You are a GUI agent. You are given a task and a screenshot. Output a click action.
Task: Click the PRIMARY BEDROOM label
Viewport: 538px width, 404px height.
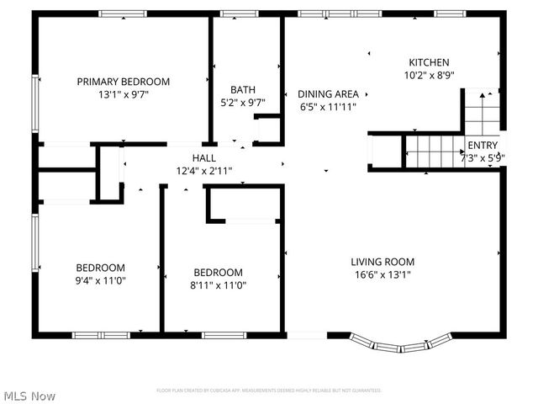click(124, 82)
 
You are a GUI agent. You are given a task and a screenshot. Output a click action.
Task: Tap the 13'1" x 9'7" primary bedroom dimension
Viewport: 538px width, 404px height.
click(124, 95)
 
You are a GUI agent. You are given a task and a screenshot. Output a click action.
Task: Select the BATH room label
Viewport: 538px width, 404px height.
click(243, 89)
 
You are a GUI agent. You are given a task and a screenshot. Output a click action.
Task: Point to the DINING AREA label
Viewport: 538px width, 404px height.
click(329, 93)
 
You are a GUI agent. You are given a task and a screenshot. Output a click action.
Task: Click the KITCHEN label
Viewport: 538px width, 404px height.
click(429, 62)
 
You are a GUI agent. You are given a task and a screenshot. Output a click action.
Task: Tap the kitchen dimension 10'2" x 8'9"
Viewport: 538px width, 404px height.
click(429, 75)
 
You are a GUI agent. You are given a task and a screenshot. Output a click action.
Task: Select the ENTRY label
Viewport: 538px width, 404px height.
click(483, 145)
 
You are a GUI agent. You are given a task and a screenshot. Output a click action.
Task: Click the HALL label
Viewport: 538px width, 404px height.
click(204, 157)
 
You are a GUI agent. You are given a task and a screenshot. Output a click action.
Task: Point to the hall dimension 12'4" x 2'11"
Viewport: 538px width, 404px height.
click(204, 170)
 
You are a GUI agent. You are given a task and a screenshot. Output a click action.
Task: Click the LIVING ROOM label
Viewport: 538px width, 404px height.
click(382, 262)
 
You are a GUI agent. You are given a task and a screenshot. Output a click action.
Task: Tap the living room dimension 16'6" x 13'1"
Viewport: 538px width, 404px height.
click(382, 274)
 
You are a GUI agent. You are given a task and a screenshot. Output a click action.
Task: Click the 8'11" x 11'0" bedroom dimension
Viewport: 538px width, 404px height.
click(219, 284)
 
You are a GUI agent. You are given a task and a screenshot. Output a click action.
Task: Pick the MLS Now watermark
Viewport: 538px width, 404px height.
click(29, 396)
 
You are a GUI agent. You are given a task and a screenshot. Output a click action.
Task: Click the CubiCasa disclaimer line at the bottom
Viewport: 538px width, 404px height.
click(269, 391)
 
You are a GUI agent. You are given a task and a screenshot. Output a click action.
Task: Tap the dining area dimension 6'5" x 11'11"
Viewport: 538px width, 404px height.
click(329, 107)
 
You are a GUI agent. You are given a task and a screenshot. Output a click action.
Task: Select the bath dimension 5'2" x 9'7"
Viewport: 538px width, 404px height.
click(243, 103)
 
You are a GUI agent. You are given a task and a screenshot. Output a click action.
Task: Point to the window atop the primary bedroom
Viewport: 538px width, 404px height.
click(124, 14)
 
